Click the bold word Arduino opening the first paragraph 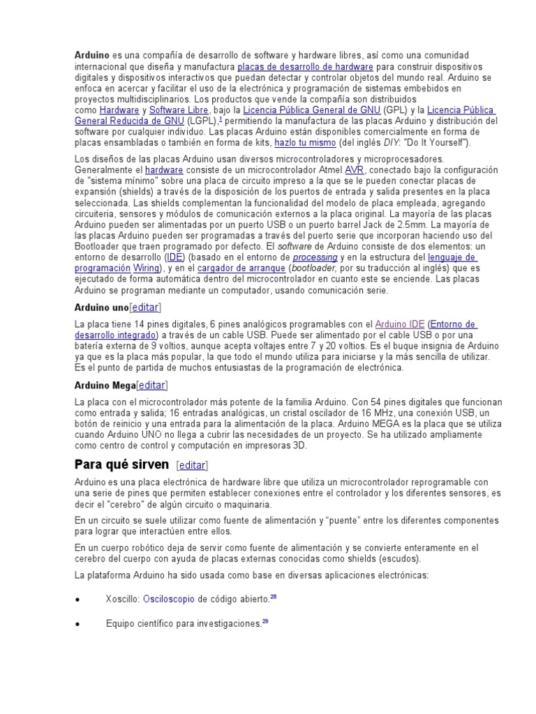pyautogui.click(x=92, y=55)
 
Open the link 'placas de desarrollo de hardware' pyautogui.click(x=305, y=66)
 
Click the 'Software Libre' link pyautogui.click(x=179, y=110)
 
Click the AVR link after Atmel pyautogui.click(x=354, y=169)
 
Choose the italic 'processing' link pyautogui.click(x=315, y=257)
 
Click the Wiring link pyautogui.click(x=147, y=268)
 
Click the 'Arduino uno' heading pyautogui.click(x=101, y=307)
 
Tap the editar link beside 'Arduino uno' pyautogui.click(x=145, y=307)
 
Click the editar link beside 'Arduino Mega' pyautogui.click(x=152, y=385)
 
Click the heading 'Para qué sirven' pyautogui.click(x=121, y=465)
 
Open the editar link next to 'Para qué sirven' pyautogui.click(x=193, y=466)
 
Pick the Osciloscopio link pyautogui.click(x=168, y=599)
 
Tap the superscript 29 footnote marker pyautogui.click(x=265, y=621)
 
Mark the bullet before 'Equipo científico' pyautogui.click(x=78, y=623)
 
